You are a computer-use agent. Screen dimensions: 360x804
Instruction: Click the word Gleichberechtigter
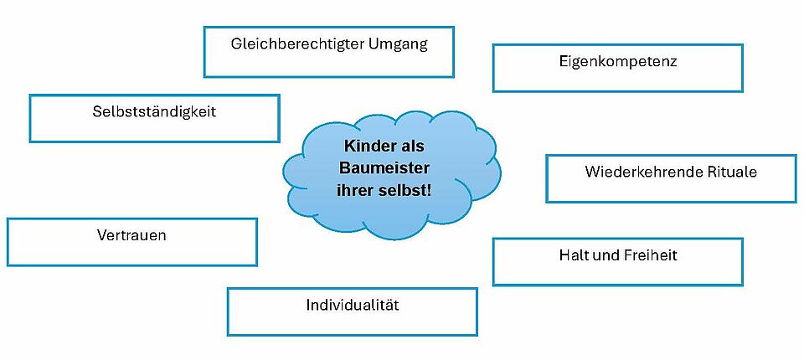[297, 44]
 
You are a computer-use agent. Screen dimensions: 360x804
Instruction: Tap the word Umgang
[399, 44]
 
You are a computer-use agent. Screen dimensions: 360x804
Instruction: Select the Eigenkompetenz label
[617, 61]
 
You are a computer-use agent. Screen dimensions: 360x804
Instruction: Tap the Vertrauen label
[131, 235]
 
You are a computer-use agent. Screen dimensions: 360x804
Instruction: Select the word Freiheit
[647, 255]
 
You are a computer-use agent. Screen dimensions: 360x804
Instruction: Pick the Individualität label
[352, 305]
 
